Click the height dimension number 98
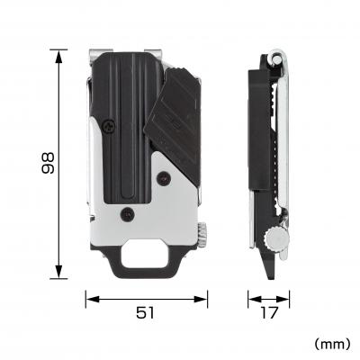point(48,164)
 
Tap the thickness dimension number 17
point(269,312)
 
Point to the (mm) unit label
point(330,344)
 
